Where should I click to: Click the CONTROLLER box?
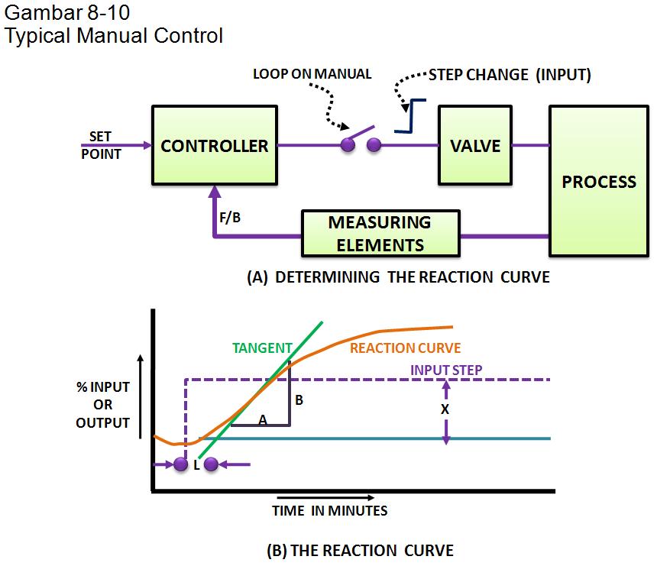coord(215,145)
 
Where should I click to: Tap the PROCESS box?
coord(598,182)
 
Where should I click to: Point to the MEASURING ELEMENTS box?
coord(380,234)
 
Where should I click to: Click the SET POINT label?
coord(101,145)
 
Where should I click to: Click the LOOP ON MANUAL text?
coord(312,74)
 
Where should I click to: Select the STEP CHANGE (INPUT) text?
coord(510,74)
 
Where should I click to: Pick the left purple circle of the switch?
coord(348,145)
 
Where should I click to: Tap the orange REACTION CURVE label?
coord(405,348)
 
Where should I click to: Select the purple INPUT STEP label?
coord(446,369)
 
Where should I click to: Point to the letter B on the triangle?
coord(299,399)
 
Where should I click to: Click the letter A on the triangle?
coord(262,418)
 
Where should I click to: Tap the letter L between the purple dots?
coord(196,464)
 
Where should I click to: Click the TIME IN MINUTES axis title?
coord(329,511)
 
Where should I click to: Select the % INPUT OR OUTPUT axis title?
coord(102,404)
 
